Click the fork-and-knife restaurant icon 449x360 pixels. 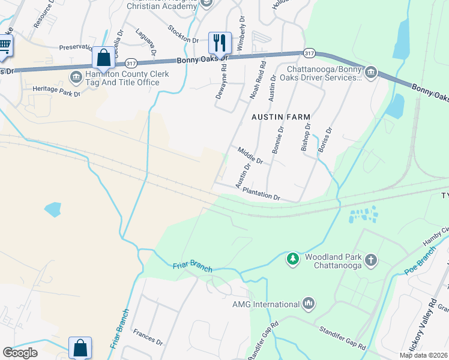(220, 42)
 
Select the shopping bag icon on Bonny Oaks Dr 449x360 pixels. (103, 58)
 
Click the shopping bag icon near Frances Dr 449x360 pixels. (80, 347)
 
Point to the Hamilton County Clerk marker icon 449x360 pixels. (76, 77)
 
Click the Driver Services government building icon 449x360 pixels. (370, 73)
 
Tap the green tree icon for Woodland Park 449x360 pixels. (292, 259)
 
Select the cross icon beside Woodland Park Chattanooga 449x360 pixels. (371, 260)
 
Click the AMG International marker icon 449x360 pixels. (309, 304)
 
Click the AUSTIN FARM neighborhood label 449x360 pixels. (281, 116)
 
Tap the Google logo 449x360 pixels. (20, 352)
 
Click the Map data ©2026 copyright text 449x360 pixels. (423, 355)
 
